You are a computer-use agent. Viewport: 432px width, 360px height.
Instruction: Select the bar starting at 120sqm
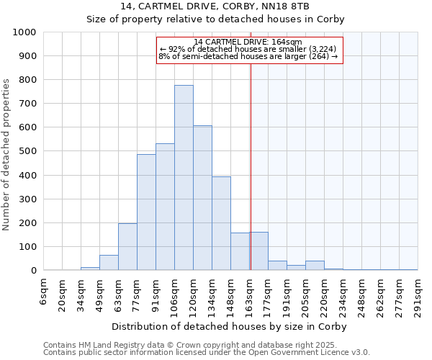click(x=202, y=198)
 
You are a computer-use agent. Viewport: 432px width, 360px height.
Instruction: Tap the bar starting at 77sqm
click(x=146, y=212)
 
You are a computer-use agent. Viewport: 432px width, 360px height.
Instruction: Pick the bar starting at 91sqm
click(x=165, y=207)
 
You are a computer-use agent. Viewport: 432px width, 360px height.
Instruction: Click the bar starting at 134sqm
click(x=221, y=223)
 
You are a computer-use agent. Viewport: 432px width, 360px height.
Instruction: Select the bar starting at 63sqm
click(x=127, y=247)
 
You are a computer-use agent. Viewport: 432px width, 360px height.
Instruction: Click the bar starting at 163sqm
click(x=258, y=251)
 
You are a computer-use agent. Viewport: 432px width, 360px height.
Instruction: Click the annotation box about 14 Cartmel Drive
click(x=248, y=50)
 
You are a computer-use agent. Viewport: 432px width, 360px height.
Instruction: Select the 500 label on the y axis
click(x=27, y=151)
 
